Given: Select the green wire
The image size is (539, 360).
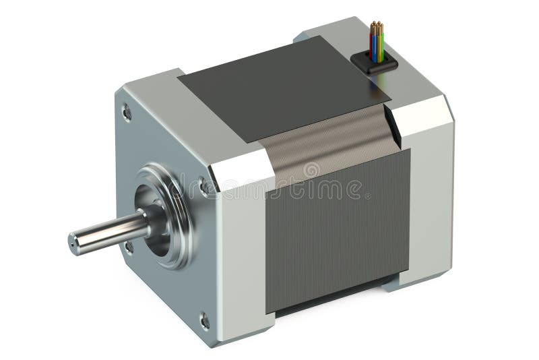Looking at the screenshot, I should [382, 47].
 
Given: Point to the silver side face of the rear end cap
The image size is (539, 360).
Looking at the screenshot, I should [431, 196].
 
